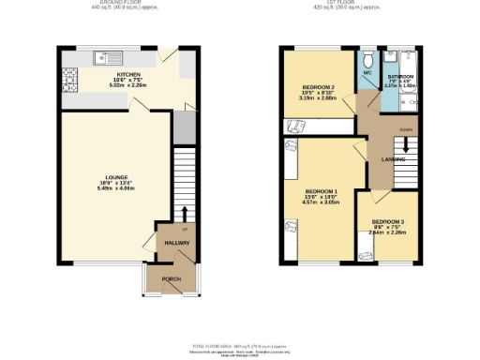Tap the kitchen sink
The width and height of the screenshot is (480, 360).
click(101, 58)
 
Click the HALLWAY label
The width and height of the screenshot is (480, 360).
click(176, 243)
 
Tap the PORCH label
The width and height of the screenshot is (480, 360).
click(172, 279)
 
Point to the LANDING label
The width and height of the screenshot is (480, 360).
click(392, 159)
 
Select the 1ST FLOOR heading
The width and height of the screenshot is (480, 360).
click(356, 4)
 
